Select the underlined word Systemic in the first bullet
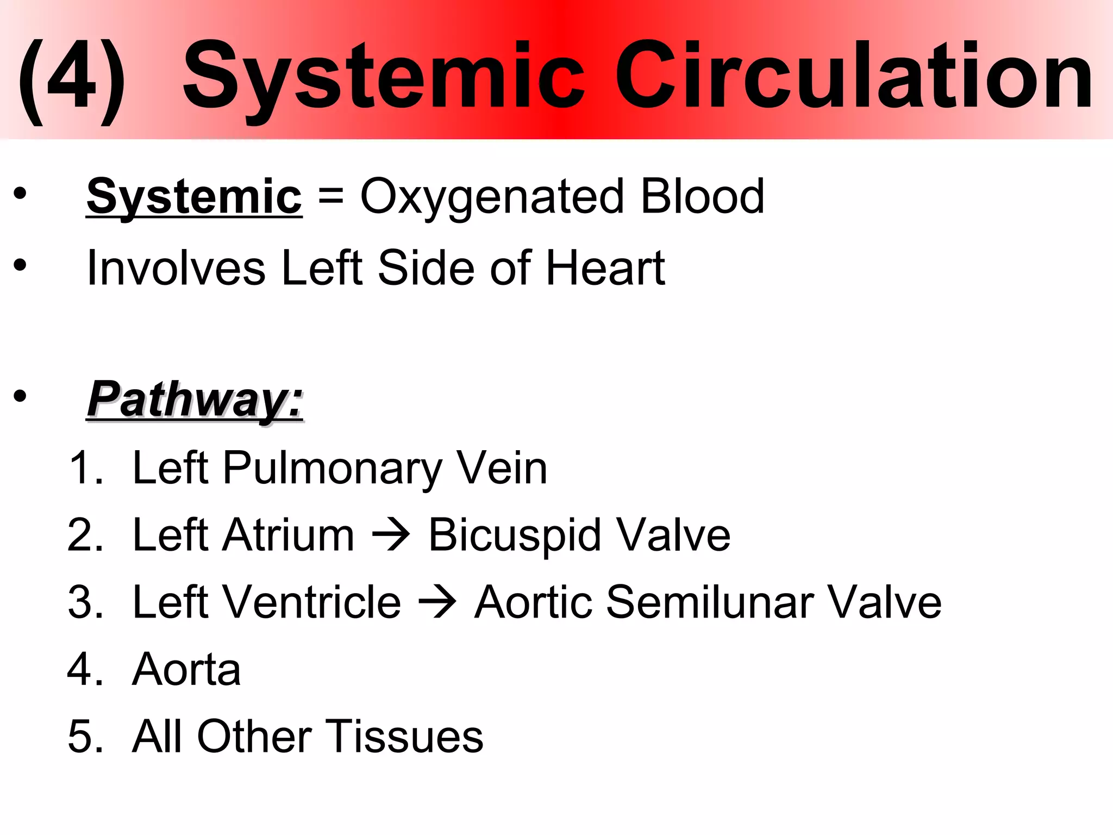point(194,197)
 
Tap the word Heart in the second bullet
point(605,267)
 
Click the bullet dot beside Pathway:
point(20,396)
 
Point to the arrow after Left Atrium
point(391,536)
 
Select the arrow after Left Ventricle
point(437,603)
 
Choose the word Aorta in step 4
point(186,669)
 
